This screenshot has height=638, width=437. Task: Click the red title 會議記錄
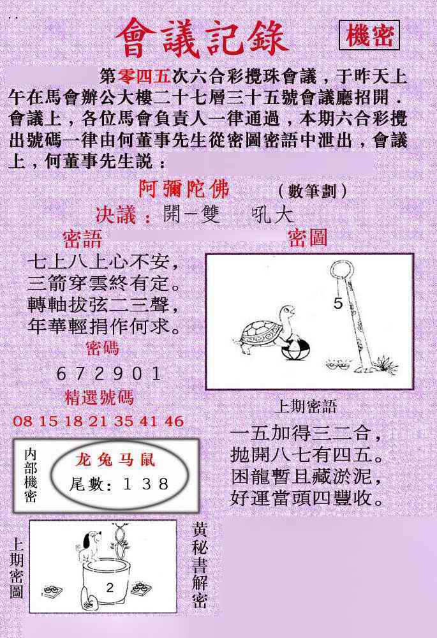202,38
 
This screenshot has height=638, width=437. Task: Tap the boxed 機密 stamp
369,35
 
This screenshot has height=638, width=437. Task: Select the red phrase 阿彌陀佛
184,189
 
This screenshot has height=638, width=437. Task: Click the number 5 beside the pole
338,303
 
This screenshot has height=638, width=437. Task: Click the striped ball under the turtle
295,349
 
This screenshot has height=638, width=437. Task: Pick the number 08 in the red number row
23,421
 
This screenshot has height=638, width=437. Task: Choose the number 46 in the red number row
174,421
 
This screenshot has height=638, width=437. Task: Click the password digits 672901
108,373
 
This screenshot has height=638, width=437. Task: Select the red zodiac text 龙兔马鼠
115,460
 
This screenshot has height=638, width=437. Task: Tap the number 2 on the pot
110,587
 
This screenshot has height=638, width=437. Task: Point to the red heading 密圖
307,238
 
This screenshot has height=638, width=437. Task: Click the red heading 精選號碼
99,397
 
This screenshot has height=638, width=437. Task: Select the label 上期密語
306,406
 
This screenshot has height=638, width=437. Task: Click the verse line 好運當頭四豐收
307,498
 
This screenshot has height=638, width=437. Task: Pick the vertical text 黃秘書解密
200,565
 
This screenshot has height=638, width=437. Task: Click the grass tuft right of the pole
385,364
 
